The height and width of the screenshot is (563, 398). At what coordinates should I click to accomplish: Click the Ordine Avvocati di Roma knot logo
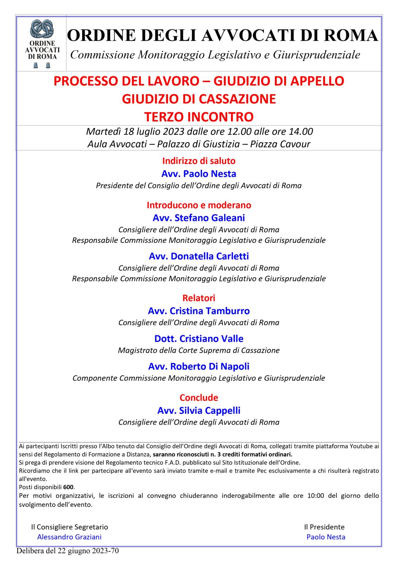point(42,29)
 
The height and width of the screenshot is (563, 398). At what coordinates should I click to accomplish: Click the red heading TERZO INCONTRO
point(199,117)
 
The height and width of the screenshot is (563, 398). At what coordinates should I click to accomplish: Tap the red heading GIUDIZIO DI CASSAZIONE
point(199,99)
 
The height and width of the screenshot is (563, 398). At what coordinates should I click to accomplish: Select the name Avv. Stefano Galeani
point(199,218)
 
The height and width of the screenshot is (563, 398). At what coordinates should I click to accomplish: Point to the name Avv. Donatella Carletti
point(199,256)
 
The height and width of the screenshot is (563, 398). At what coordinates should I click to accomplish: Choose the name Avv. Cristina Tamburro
point(199,311)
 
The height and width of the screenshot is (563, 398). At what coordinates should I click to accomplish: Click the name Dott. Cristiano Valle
point(199,338)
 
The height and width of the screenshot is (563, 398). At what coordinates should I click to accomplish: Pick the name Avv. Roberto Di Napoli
point(199,366)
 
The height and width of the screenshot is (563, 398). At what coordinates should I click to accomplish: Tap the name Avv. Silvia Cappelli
point(199,410)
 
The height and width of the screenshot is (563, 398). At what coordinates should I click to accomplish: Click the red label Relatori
point(199,298)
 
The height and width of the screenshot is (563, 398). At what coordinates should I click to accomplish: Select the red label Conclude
point(199,397)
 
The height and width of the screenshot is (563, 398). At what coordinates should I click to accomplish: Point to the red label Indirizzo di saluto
point(199,161)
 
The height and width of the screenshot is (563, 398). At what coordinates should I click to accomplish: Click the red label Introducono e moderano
point(199,205)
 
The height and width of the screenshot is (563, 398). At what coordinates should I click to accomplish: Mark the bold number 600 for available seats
point(68,487)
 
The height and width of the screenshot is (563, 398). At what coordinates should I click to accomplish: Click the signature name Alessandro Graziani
point(69,537)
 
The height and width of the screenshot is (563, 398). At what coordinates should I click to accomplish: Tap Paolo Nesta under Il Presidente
point(326,537)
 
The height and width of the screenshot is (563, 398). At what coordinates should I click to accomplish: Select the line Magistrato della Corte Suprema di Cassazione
point(199,350)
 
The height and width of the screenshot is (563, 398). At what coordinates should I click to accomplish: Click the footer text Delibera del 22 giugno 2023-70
point(67,551)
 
